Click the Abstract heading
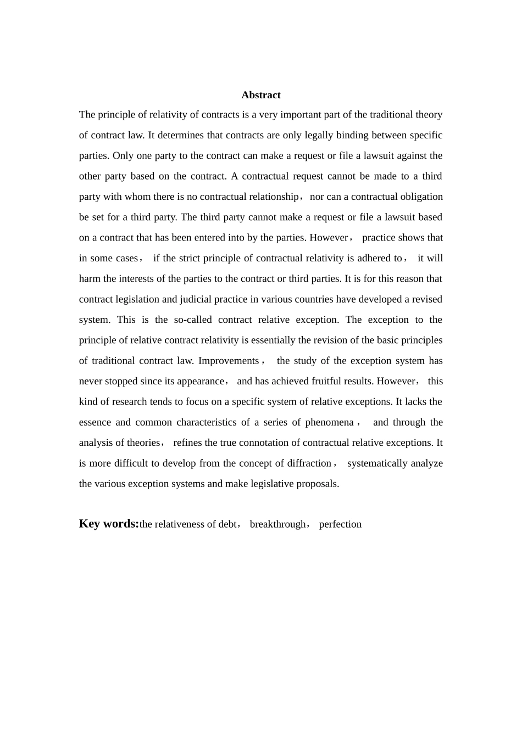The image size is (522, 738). click(261, 95)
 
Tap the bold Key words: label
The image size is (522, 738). click(109, 523)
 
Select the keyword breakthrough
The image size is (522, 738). click(277, 524)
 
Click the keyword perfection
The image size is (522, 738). click(340, 524)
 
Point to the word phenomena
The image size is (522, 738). click(329, 422)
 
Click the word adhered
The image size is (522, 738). click(374, 258)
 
